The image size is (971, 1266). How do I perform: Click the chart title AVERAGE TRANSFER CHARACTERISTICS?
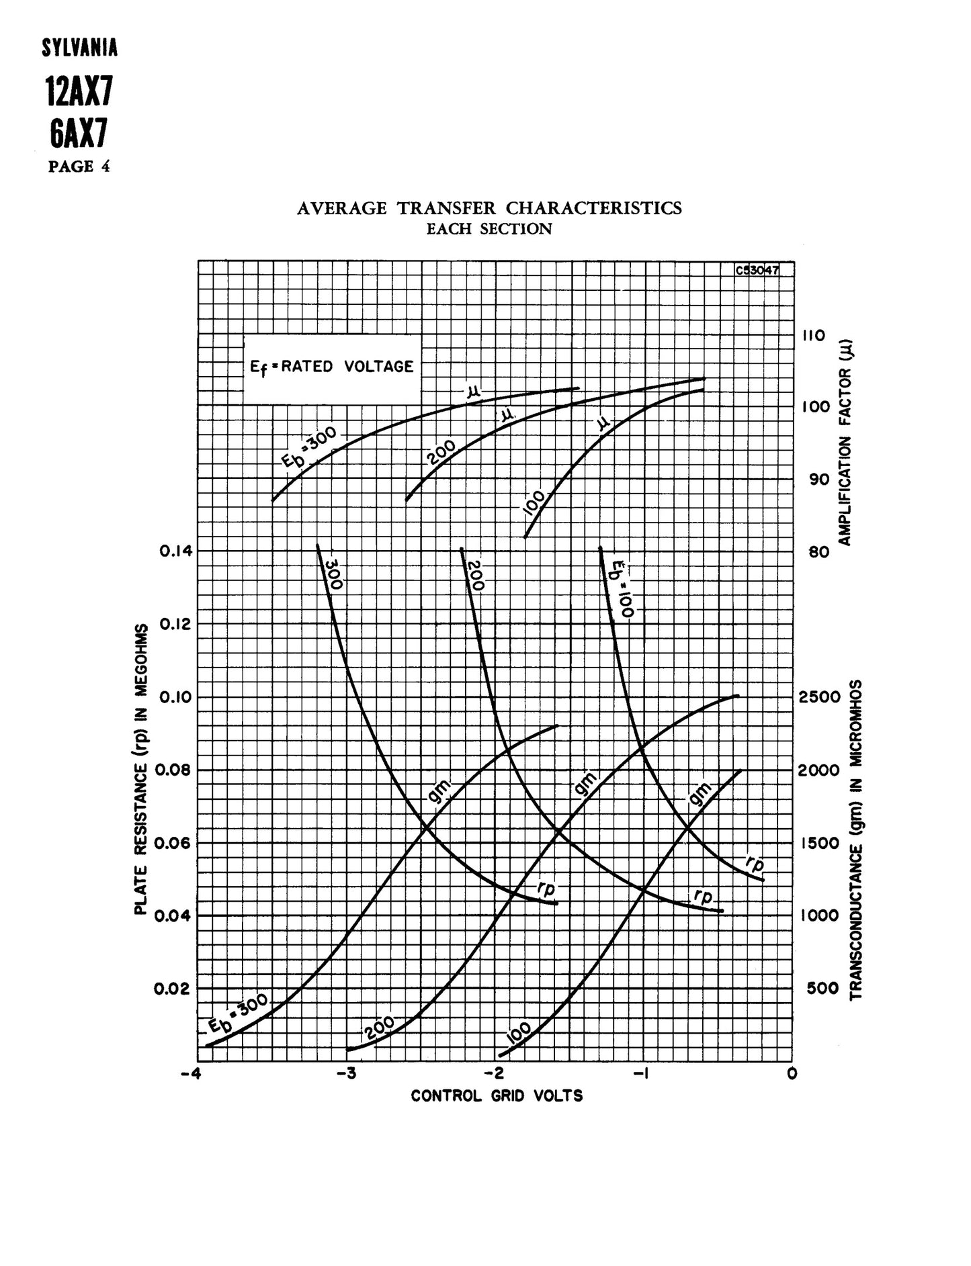[489, 208]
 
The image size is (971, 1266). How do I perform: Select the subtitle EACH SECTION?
[489, 229]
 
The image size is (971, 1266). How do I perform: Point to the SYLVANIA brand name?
[79, 48]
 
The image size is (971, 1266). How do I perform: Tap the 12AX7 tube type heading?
[79, 91]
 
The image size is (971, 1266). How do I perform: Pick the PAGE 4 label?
[79, 166]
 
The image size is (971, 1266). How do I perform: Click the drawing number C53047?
[757, 270]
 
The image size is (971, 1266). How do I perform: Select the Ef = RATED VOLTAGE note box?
[332, 367]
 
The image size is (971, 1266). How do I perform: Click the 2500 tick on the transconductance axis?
[819, 696]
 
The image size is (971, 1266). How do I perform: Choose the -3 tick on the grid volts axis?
[347, 1073]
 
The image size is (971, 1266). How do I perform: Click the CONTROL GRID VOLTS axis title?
[497, 1096]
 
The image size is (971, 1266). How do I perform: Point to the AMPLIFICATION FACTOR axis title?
[845, 443]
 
